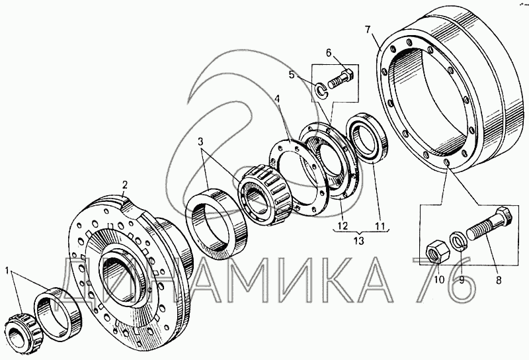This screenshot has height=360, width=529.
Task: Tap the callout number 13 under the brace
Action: pyautogui.click(x=359, y=241)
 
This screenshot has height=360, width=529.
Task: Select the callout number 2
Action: pyautogui.click(x=124, y=185)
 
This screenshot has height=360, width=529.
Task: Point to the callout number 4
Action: pyautogui.click(x=277, y=99)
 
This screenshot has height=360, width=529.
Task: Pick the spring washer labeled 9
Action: pyautogui.click(x=459, y=240)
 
